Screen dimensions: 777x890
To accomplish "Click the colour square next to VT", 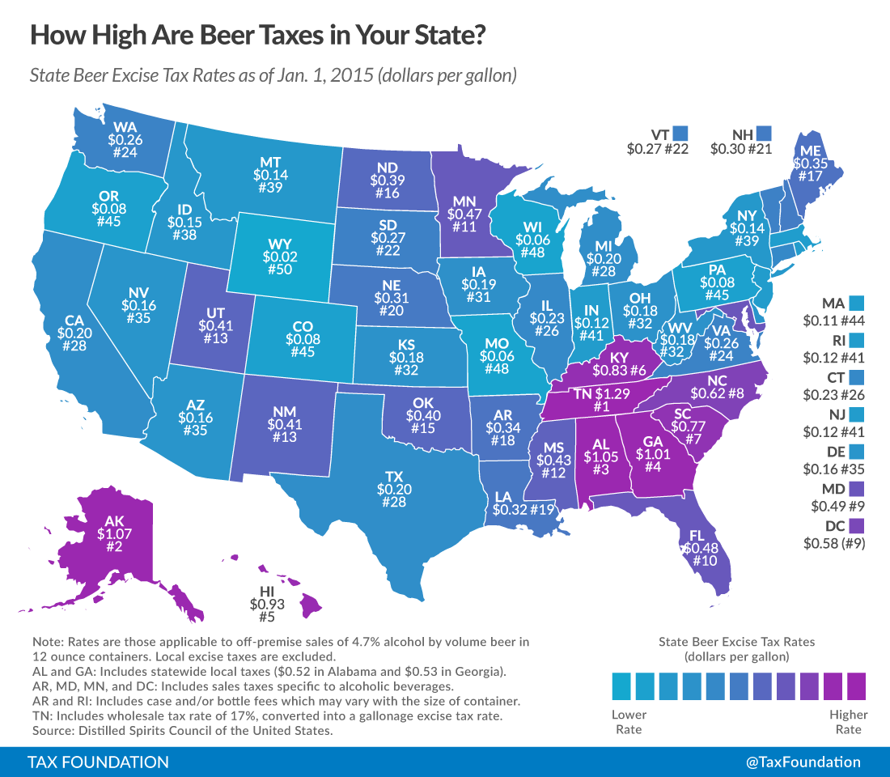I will (x=680, y=131).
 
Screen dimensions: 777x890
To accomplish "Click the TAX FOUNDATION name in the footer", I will (x=99, y=762).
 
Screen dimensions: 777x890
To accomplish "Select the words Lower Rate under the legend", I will (x=629, y=722).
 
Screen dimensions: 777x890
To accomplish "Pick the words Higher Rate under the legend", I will (x=848, y=722).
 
